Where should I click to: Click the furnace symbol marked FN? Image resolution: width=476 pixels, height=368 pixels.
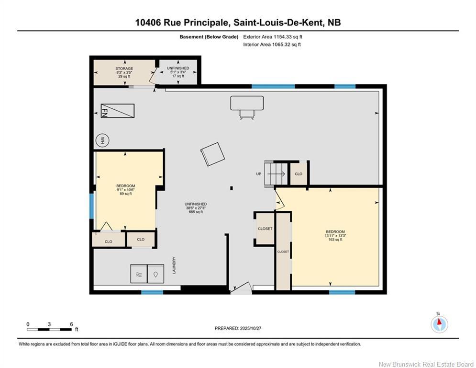(118, 111)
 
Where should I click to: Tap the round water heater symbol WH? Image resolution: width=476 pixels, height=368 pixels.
(102, 140)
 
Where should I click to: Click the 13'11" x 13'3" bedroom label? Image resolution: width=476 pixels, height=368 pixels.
(335, 235)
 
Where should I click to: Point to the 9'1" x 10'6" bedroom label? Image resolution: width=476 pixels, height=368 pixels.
(126, 190)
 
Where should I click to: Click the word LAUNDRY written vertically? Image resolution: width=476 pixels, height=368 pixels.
(174, 265)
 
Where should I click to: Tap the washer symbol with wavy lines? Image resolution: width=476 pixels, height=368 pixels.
(139, 274)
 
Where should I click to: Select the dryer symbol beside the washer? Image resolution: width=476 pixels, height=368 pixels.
(156, 274)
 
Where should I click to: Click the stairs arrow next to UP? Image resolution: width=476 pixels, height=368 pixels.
(276, 174)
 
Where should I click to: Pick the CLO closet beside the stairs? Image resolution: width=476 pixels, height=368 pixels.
(299, 174)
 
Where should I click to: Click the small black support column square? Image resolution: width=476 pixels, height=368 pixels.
(232, 188)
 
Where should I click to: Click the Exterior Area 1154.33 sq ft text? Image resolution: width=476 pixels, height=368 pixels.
(273, 37)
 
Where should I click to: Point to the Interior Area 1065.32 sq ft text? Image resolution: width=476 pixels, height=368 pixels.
(272, 45)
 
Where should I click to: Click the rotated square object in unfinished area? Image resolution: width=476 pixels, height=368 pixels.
(212, 154)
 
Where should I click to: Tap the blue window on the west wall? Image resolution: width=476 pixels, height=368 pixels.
(91, 206)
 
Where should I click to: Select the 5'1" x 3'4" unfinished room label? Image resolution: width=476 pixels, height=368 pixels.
(178, 72)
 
